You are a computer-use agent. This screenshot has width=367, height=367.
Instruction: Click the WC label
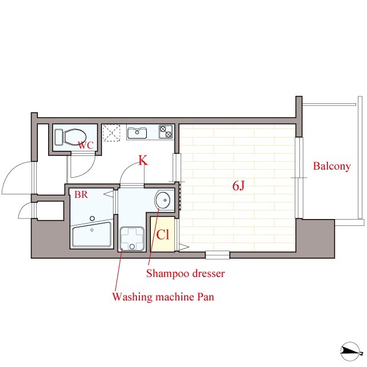[85, 145]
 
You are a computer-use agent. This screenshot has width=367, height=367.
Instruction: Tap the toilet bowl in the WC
[75, 137]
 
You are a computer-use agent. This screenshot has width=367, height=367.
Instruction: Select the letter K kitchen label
[143, 161]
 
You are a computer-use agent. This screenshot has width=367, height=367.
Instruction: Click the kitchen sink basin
[137, 132]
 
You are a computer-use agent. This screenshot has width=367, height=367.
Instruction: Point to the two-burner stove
[166, 132]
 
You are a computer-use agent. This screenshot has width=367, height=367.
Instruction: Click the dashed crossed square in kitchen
[111, 132]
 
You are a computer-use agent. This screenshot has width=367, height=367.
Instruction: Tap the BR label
[81, 194]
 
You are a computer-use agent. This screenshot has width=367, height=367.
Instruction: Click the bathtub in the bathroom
[92, 235]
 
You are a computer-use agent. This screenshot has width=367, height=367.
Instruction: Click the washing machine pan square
[132, 239]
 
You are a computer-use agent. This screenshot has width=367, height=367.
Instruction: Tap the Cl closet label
[163, 235]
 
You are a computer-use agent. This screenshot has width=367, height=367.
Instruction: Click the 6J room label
[239, 186]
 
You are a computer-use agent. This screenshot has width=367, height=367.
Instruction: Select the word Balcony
[331, 166]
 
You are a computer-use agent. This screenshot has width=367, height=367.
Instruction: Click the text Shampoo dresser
[185, 274]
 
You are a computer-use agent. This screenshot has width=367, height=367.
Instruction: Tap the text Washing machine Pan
[163, 297]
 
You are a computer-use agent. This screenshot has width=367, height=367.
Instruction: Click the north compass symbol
[350, 351]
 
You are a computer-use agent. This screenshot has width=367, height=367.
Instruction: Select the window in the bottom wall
[217, 255]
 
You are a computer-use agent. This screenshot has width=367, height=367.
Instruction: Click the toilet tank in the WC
[58, 137]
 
